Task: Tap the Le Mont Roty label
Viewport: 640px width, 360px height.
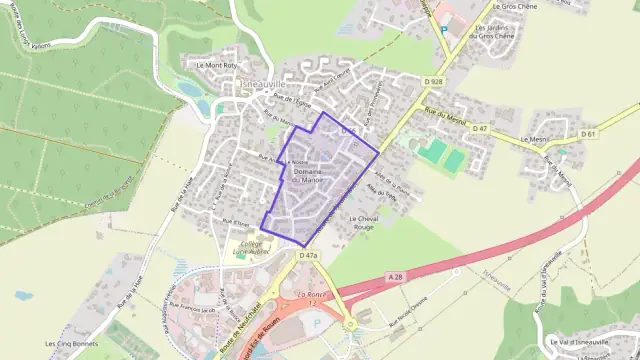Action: point(215,66)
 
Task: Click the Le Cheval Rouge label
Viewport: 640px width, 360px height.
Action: point(366,222)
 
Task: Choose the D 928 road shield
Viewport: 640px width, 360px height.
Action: point(432,80)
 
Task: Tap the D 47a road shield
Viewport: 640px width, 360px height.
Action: point(308,256)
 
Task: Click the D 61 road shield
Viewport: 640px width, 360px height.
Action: point(587,133)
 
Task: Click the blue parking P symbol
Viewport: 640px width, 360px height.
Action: point(444,30)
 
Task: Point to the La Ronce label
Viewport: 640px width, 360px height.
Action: point(313,297)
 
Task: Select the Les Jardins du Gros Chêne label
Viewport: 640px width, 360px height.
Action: point(500,32)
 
